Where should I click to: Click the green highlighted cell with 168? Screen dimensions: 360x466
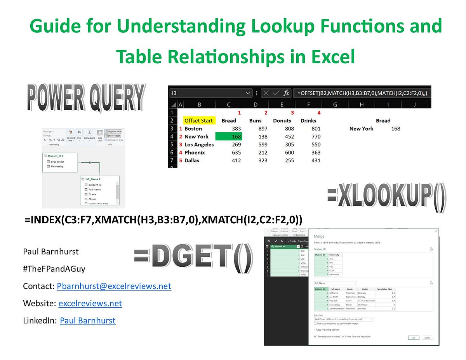pos(229,137)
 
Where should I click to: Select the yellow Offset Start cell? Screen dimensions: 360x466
pos(198,120)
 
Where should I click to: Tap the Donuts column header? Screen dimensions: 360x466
pos(282,120)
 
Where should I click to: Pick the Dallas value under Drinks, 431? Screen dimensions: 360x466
pos(315,160)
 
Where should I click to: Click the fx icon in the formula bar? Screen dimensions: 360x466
pos(286,93)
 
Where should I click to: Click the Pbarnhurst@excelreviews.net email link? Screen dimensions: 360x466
pos(114,286)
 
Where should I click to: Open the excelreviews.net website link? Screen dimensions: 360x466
pos(90,303)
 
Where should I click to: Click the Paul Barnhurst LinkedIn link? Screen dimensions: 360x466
pos(87,320)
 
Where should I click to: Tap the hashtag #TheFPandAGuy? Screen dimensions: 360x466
pos(54,269)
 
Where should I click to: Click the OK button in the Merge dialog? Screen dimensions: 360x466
pos(413,337)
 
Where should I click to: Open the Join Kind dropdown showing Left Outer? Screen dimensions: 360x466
pos(344,319)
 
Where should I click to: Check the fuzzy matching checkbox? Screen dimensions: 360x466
pos(315,323)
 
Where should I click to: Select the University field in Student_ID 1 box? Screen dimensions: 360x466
pos(57,167)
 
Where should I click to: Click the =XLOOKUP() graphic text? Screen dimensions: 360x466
pos(386,197)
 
